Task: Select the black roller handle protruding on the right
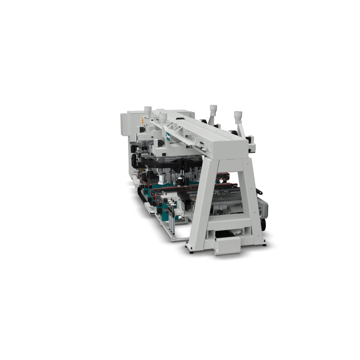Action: click(x=260, y=191)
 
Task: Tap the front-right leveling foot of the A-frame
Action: click(x=264, y=244)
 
